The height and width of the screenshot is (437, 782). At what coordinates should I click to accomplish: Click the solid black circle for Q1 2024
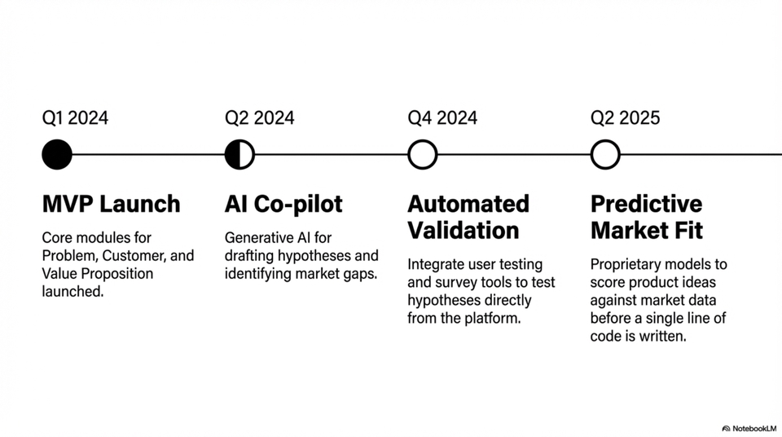click(x=57, y=154)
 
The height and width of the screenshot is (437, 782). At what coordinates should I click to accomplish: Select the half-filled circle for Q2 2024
click(x=239, y=154)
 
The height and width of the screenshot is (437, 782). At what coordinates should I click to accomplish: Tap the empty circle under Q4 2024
click(x=422, y=154)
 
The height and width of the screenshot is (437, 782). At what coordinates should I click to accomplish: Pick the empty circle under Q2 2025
click(x=605, y=154)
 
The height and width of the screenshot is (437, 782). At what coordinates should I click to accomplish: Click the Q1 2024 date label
click(x=75, y=118)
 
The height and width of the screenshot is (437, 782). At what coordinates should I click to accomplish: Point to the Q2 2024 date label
click(x=259, y=118)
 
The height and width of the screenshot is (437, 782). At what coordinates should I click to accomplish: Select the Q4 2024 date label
click(x=442, y=118)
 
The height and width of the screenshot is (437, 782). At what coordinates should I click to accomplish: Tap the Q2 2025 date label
click(x=625, y=118)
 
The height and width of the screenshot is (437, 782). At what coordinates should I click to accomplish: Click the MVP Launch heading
click(x=111, y=204)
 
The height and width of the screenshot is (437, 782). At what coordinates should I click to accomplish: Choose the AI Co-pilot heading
click(x=283, y=204)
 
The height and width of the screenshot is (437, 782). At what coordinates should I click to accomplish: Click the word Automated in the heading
click(x=468, y=204)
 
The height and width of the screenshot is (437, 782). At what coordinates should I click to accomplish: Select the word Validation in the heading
click(x=463, y=231)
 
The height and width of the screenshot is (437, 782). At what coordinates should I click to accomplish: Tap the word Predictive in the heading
click(x=646, y=204)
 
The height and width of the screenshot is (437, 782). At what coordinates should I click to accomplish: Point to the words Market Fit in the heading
click(x=645, y=231)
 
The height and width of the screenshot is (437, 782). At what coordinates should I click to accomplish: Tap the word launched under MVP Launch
click(x=72, y=291)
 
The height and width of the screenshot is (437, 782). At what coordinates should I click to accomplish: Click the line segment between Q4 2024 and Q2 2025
click(x=513, y=154)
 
